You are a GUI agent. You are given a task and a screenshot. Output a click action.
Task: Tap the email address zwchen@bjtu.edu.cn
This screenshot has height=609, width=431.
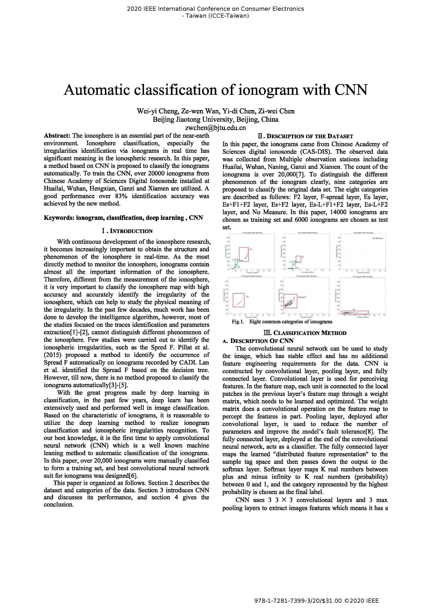[x=215, y=128]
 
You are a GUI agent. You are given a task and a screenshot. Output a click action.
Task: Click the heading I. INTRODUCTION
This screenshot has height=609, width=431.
[x=127, y=231]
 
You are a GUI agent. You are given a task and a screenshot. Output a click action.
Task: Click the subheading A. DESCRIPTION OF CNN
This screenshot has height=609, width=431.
[x=258, y=341]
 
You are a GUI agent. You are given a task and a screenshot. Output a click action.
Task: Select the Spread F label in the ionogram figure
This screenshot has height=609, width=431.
[x=302, y=297]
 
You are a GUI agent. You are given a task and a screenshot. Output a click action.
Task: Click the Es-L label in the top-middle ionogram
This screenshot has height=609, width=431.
[x=297, y=268]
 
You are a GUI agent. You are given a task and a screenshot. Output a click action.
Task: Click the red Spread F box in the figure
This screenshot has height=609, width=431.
[x=290, y=301]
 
